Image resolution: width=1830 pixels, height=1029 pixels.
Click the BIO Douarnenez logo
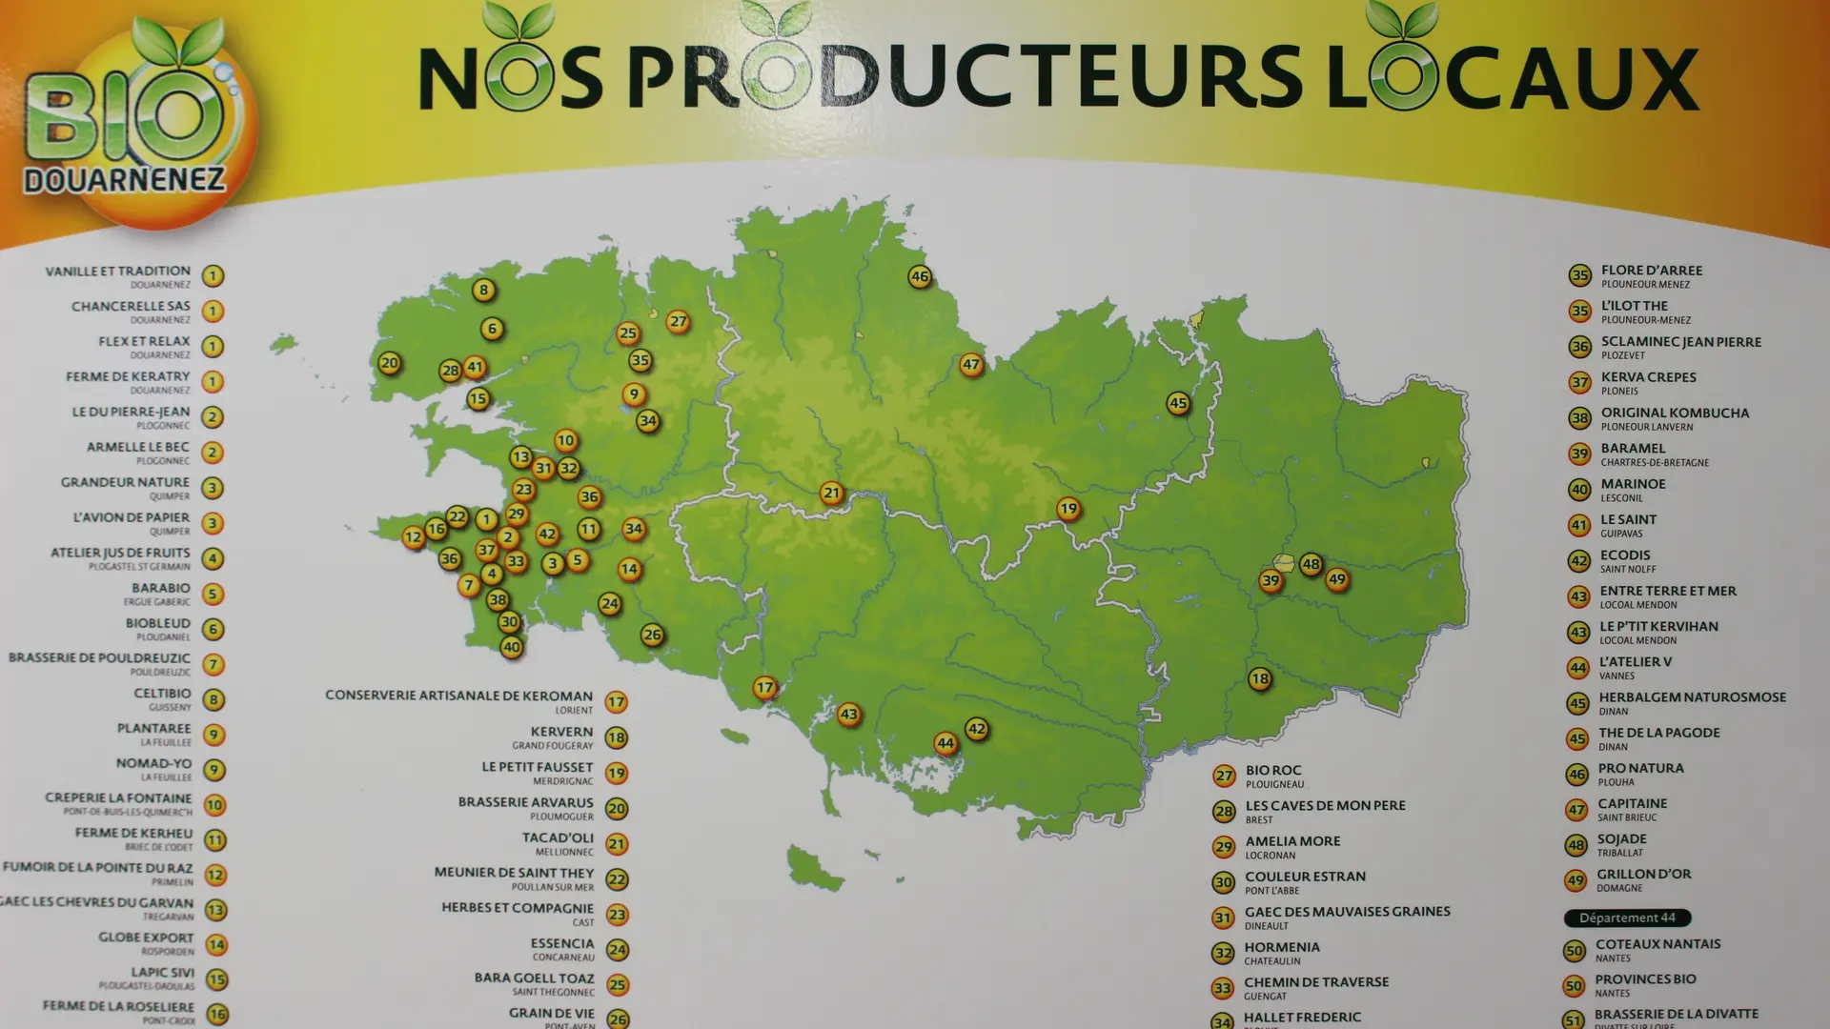pyautogui.click(x=133, y=124)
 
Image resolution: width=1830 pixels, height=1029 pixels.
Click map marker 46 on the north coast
pyautogui.click(x=919, y=276)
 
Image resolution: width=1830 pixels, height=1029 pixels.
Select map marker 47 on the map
pyautogui.click(x=970, y=364)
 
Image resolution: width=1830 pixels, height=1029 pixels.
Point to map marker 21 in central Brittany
pyautogui.click(x=831, y=493)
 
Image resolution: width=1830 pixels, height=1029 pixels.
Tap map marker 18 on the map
pyautogui.click(x=1259, y=678)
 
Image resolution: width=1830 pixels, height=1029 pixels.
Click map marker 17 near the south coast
pyautogui.click(x=764, y=687)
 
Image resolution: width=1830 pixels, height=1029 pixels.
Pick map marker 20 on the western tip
pyautogui.click(x=389, y=362)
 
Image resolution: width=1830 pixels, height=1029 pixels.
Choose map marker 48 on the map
pyautogui.click(x=1311, y=563)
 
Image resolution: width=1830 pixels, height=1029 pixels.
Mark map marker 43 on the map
pyautogui.click(x=848, y=714)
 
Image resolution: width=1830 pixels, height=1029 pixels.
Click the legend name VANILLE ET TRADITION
pyautogui.click(x=117, y=272)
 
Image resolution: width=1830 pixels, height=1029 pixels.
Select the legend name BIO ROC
pyautogui.click(x=1272, y=770)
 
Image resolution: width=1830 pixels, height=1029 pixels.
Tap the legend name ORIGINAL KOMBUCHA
pyautogui.click(x=1675, y=413)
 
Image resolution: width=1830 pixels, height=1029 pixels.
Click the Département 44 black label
pyautogui.click(x=1627, y=918)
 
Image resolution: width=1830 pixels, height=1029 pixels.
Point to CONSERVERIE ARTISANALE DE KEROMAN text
pyautogui.click(x=458, y=696)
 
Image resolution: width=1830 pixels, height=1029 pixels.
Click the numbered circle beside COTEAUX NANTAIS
pyautogui.click(x=1574, y=951)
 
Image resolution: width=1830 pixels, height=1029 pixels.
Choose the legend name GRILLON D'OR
pyautogui.click(x=1643, y=874)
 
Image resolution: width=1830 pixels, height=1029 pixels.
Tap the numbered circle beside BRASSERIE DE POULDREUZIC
pyautogui.click(x=213, y=664)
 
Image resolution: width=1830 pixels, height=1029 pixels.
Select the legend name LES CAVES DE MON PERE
pyautogui.click(x=1325, y=805)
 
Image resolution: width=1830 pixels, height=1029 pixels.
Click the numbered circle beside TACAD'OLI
pyautogui.click(x=617, y=844)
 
